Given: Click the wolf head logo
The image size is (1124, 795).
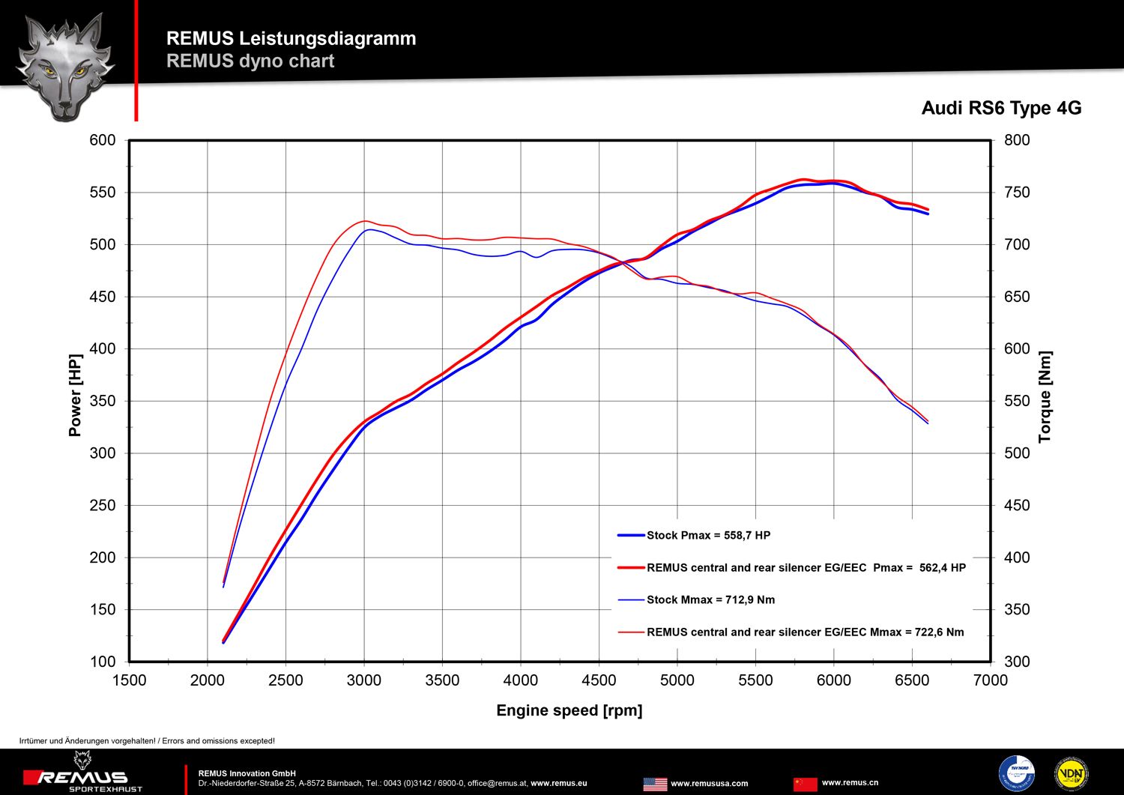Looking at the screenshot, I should point(65,66).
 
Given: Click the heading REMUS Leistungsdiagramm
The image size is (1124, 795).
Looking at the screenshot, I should point(291,38).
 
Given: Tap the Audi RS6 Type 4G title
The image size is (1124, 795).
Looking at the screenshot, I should point(1001,108).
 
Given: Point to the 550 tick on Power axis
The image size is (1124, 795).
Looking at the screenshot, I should point(103,193).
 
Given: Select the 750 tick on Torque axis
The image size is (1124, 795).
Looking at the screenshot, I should point(1017,193).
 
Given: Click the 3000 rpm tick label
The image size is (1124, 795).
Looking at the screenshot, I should point(364,680).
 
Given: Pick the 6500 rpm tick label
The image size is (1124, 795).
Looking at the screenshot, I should point(912,680).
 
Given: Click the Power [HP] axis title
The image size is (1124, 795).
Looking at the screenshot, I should point(75,395).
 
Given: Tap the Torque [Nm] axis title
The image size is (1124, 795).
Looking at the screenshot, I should point(1045,396).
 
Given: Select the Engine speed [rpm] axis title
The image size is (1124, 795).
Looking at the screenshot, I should point(569,710).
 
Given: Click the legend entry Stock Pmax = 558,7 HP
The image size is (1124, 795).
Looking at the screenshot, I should point(708,535).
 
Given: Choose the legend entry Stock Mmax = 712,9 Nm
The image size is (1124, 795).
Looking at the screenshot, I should point(710,599).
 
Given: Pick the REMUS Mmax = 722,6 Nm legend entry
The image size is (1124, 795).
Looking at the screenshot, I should point(805,632).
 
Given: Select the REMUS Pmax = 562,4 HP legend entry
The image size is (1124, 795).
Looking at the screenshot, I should point(806,567).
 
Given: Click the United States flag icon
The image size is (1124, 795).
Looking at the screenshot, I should point(655,784).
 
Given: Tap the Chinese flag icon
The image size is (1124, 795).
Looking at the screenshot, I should point(805,784).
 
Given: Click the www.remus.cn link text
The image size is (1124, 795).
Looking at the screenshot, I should point(850,782).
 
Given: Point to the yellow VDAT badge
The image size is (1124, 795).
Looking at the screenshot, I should point(1071,774).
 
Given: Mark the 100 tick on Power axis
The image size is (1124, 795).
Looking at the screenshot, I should point(103,662).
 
